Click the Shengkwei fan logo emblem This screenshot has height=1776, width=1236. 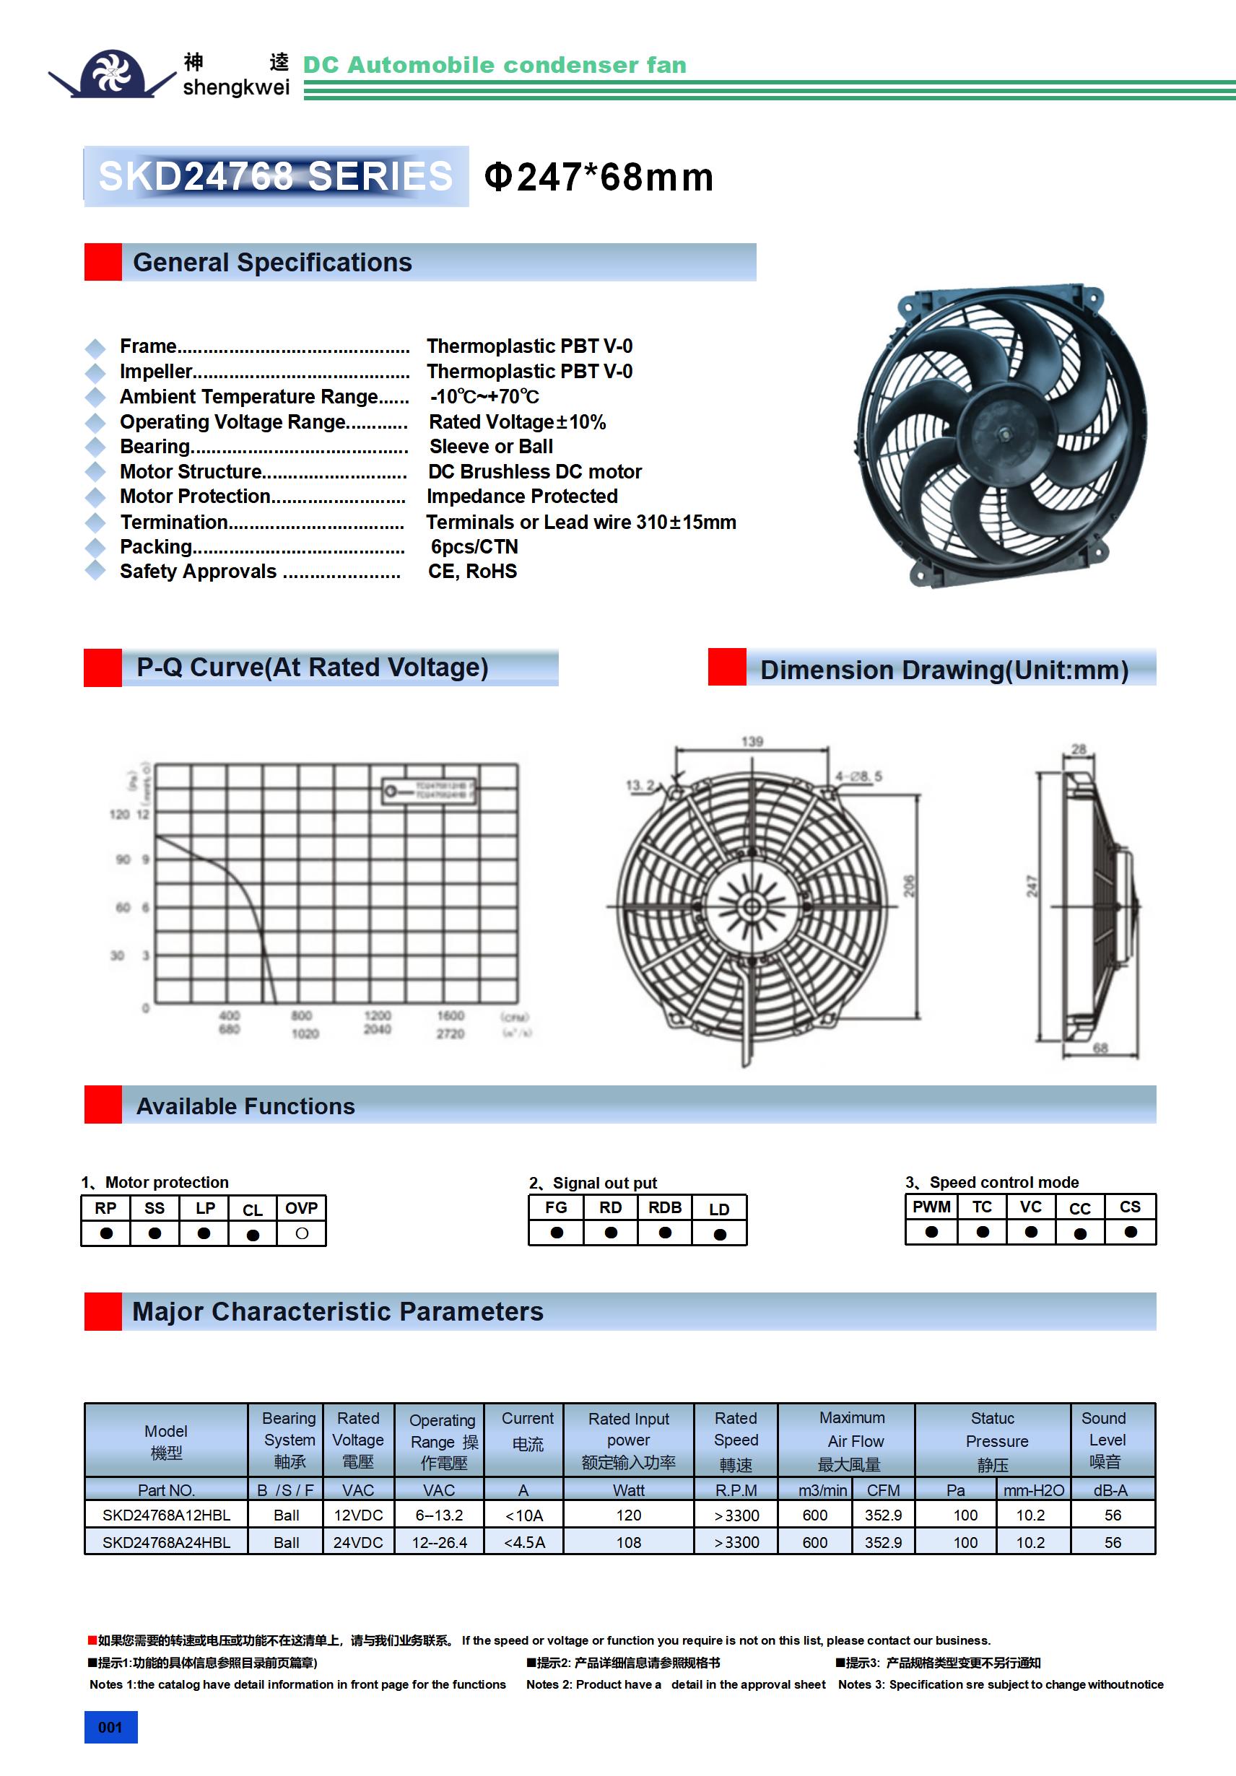113,74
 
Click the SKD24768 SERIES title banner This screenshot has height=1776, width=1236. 276,176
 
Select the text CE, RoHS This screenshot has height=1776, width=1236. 472,572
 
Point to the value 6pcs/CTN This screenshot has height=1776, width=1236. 474,547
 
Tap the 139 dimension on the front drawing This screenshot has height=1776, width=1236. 752,742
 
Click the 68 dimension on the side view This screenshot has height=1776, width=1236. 1100,1048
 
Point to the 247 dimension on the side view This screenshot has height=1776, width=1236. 1032,886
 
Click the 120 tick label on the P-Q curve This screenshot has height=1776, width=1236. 119,815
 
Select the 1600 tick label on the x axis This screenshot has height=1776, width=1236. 450,1015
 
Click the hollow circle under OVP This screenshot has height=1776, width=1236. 302,1234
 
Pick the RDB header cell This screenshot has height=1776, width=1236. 665,1207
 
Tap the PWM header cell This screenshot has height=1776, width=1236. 931,1207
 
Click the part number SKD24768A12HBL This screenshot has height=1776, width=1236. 166,1515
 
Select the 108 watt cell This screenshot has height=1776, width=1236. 628,1542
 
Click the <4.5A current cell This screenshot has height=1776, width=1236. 524,1542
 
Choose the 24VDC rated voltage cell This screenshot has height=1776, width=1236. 357,1542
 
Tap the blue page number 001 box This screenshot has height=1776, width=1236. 110,1727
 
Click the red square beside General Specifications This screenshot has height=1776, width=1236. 103,262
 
